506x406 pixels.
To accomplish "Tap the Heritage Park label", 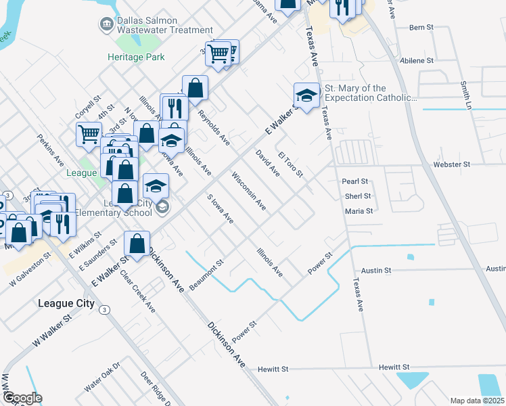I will click(135, 57).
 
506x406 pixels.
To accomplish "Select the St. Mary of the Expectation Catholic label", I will click(370, 93).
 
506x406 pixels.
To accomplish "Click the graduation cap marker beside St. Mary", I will click(306, 96).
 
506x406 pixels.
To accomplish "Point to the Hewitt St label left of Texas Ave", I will click(273, 369).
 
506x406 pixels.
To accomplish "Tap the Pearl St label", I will click(354, 181).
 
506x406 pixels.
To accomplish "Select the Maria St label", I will click(359, 211).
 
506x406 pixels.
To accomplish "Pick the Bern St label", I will click(421, 28).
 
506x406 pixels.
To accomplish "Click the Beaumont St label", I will click(206, 275).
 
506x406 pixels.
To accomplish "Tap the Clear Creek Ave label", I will click(138, 292).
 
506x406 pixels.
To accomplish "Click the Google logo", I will click(22, 397).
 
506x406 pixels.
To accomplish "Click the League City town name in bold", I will click(66, 303).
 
